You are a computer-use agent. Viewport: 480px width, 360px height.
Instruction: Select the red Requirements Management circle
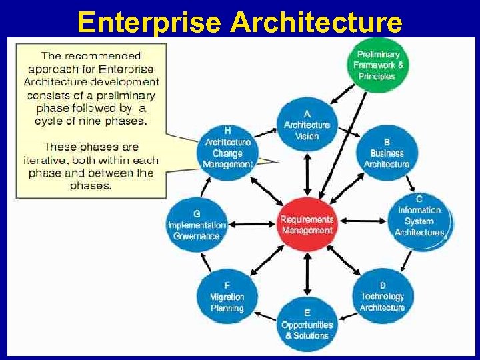point(307,225)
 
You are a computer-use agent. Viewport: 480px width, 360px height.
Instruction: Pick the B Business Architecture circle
point(387,153)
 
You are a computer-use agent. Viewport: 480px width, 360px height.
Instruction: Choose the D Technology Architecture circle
point(383,296)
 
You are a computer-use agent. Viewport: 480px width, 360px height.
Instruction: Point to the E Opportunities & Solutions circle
point(307,325)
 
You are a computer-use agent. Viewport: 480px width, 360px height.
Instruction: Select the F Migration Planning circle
point(227,297)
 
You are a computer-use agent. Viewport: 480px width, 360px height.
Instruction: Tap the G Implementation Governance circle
point(197,225)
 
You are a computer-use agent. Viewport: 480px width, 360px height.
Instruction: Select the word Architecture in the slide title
point(317,21)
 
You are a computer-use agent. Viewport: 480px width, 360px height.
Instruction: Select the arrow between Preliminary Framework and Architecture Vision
point(343,95)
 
